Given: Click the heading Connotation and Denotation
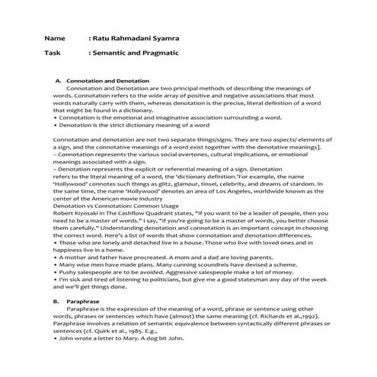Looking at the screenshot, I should (x=107, y=81).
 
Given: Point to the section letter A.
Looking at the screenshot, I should (x=58, y=81).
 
